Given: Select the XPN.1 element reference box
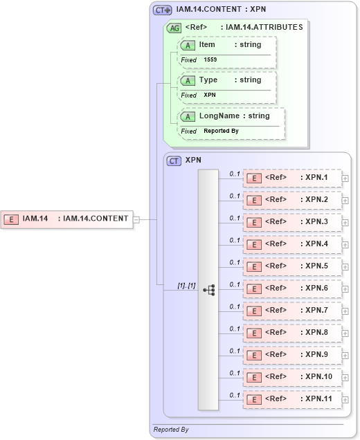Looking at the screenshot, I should [292, 178].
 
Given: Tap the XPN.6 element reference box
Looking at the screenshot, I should [292, 288].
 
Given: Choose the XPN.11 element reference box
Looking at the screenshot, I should [292, 399].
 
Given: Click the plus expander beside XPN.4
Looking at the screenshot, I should [345, 245].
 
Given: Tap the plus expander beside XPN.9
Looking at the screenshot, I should [345, 356].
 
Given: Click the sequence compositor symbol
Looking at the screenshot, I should [208, 290].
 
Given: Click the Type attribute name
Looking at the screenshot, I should [208, 80].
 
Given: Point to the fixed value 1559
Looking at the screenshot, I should [210, 60].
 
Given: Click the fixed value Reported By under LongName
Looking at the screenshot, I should [221, 131].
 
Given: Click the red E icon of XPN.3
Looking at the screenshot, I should [254, 222].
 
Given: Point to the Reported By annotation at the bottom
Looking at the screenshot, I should [170, 430].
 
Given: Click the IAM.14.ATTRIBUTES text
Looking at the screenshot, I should [264, 27].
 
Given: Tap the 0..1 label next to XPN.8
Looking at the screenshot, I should [235, 329].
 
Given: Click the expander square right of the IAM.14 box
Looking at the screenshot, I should [136, 219].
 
